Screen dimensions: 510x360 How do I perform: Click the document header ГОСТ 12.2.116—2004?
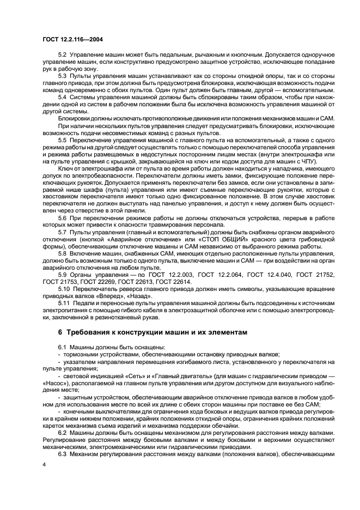[x=72, y=40]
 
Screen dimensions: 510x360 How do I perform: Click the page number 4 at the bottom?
[x=44, y=464]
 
